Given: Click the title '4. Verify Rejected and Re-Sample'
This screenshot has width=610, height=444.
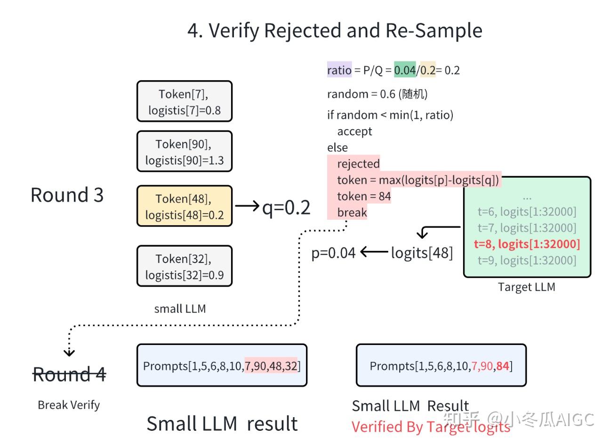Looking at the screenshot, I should coord(335,31).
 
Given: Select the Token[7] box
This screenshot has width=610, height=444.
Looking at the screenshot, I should coord(185,101).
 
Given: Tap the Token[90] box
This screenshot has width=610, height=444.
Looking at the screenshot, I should coord(185,151).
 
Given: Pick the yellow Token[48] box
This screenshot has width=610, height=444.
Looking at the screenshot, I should coord(185,206).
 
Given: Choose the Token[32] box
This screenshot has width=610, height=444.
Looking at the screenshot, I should coord(185,266).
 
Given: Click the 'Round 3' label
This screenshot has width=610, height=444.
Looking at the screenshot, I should coord(67,195).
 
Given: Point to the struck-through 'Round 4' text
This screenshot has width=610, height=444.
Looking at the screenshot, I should coord(69,374).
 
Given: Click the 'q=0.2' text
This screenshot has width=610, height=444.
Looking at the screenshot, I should coord(286,207).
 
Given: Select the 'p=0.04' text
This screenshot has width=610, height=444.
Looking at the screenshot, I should coord(333,253).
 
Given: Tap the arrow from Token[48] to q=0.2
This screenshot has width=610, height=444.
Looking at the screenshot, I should coord(247,206).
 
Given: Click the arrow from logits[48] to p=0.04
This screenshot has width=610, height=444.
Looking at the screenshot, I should coord(375,252).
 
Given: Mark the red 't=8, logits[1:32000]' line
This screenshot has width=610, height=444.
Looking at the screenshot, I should coord(527,244).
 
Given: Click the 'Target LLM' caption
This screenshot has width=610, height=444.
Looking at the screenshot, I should coord(527,287).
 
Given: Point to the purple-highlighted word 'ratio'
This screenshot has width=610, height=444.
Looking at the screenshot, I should coord(339,70).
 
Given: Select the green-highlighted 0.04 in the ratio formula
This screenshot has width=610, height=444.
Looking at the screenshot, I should coord(405,70).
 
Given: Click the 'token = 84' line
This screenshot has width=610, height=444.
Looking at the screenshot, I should coord(364,196).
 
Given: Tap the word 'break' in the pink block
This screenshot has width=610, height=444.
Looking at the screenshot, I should coord(352,213).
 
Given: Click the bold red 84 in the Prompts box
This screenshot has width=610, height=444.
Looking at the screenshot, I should coord(502,366).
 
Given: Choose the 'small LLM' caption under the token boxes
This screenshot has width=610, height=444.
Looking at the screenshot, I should coord(180,309).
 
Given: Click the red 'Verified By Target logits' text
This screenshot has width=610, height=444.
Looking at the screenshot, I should coord(431,427).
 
